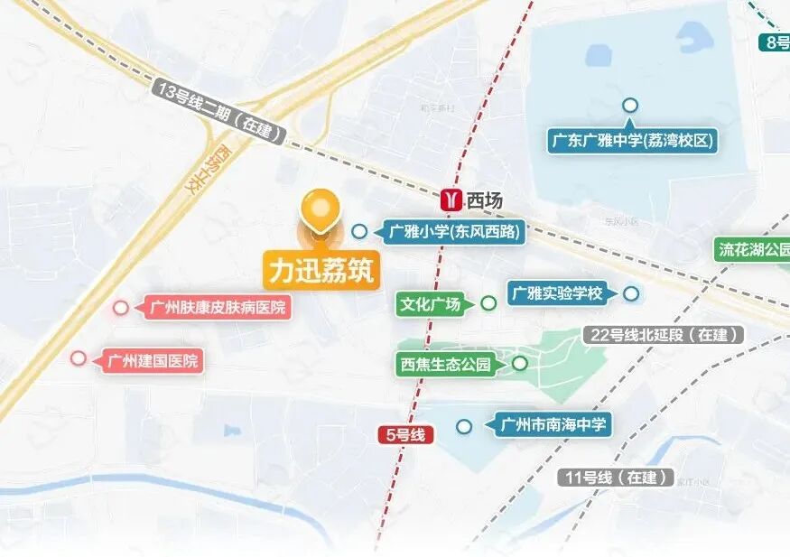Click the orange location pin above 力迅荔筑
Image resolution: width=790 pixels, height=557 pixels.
tap(320, 211)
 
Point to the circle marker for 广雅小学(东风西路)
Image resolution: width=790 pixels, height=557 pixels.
tap(359, 231)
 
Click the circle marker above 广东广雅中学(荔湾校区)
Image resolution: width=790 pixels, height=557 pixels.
tap(630, 106)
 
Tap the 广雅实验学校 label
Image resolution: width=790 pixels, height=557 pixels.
tap(556, 293)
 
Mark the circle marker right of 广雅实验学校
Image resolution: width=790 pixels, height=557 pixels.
tap(631, 293)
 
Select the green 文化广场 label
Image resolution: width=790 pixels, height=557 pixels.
tap(432, 304)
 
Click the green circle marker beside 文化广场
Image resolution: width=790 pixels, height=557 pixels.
tap(488, 303)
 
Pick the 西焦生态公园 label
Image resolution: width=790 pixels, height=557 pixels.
tap(446, 365)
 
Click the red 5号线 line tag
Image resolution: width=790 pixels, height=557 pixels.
tap(405, 435)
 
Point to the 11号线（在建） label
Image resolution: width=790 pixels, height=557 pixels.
tap(618, 478)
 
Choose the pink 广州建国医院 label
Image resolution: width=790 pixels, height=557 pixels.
tap(153, 361)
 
